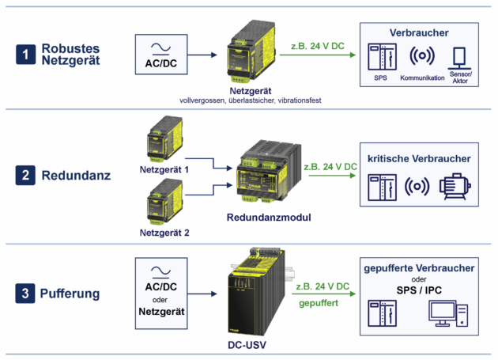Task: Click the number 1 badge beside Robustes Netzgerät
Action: coord(26,55)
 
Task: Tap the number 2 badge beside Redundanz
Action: coord(25,175)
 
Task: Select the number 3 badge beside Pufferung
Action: coord(25,294)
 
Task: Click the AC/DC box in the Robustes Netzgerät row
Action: coord(161,55)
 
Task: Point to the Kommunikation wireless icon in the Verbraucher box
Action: coord(422,55)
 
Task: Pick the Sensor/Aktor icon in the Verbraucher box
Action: coord(459,59)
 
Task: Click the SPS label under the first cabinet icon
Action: coord(380,78)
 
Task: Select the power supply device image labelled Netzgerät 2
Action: coord(165,201)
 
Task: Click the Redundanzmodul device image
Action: coord(269,171)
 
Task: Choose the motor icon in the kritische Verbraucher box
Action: coord(455,187)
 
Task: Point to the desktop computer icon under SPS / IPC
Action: coord(448,313)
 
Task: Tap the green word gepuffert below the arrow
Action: coord(319,303)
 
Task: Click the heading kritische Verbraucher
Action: coord(419,158)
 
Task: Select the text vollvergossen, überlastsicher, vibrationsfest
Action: coord(251,100)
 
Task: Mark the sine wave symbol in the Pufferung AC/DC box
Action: coord(160,271)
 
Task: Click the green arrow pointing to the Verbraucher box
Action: coord(318,55)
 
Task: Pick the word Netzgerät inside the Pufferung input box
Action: coord(161,312)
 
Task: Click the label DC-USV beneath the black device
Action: coord(247,345)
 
